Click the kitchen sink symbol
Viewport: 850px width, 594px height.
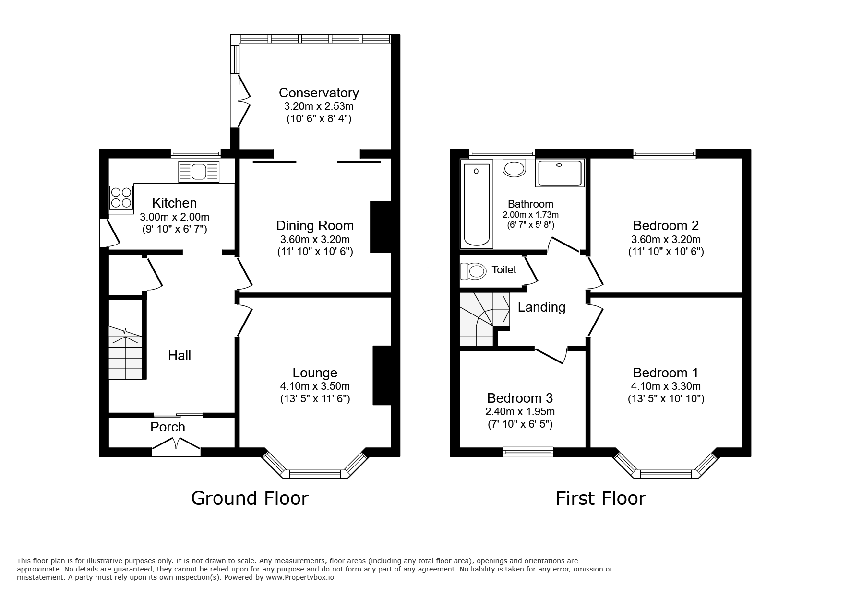(199, 172)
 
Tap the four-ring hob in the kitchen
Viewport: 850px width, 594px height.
(121, 198)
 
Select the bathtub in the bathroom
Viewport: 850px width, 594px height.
(476, 204)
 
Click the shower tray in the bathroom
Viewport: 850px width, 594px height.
(561, 173)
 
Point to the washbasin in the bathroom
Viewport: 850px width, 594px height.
(514, 168)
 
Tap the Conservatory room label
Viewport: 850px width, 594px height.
(319, 93)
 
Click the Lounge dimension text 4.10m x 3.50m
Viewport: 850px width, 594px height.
(315, 386)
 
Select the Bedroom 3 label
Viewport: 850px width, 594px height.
(520, 398)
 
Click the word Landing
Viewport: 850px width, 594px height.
(541, 307)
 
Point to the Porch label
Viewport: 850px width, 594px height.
(168, 427)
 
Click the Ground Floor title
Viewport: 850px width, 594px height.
(250, 498)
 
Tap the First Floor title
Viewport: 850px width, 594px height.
(600, 498)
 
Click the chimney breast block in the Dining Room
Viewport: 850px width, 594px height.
(381, 227)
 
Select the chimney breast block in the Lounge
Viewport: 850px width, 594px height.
(382, 375)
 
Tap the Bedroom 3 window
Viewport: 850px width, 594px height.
(528, 451)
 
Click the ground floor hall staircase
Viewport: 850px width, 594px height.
(125, 353)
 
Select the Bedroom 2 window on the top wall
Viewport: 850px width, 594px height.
(664, 153)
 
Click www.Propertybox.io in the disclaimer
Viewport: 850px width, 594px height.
(299, 578)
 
